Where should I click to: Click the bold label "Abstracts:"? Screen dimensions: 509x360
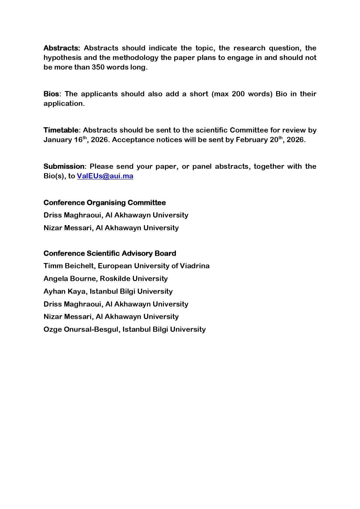pyautogui.click(x=61, y=48)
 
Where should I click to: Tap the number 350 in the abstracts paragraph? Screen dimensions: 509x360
pyautogui.click(x=98, y=67)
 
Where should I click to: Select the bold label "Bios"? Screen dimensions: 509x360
pyautogui.click(x=51, y=94)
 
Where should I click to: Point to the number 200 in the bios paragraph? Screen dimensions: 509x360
pyautogui.click(x=238, y=94)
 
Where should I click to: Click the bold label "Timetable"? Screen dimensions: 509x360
pyautogui.click(x=61, y=130)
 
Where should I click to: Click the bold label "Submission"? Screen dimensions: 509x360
pyautogui.click(x=64, y=166)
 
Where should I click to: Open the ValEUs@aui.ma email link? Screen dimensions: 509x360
pyautogui.click(x=105, y=176)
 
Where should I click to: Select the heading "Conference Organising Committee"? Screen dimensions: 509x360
pyautogui.click(x=104, y=203)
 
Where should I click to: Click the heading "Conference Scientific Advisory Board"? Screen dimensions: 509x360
pyautogui.click(x=110, y=253)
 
